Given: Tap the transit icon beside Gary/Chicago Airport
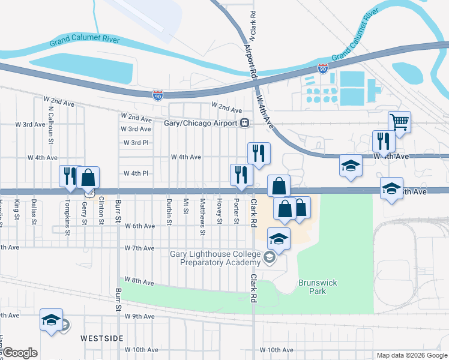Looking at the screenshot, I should point(244,123).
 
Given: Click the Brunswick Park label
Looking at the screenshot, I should point(312,286).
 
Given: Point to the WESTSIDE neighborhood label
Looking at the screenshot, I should point(103,338).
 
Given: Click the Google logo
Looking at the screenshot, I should point(19,353).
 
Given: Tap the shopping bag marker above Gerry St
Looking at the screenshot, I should point(88,178).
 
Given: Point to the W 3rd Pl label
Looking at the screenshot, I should point(136,143).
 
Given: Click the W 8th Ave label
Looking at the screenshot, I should point(140,282).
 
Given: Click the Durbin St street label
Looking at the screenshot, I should point(169,212).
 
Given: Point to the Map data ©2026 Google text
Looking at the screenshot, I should point(411,355).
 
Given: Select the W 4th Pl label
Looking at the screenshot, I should point(136,173).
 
